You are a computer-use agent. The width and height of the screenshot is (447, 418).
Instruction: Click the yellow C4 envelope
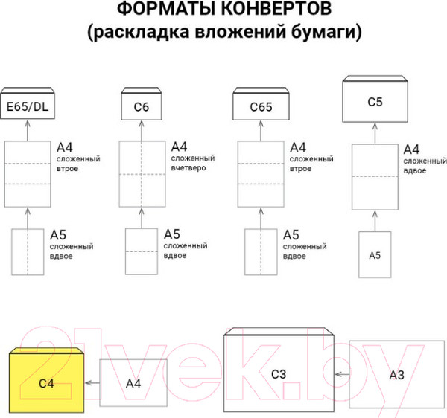[x=47, y=382]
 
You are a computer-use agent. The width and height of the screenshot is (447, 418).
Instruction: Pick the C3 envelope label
[x=279, y=374]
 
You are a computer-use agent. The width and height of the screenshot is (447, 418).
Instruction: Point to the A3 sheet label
[x=396, y=376]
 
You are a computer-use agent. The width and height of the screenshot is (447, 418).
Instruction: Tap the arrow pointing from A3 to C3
[x=341, y=375]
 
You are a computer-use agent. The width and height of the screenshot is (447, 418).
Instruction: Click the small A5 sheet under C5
[x=375, y=255]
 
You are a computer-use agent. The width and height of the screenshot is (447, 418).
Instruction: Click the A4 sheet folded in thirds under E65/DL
[x=27, y=173]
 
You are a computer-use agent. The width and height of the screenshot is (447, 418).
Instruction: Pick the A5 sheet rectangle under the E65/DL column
[x=28, y=253]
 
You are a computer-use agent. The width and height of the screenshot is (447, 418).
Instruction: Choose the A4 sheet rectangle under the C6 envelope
[x=142, y=173]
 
